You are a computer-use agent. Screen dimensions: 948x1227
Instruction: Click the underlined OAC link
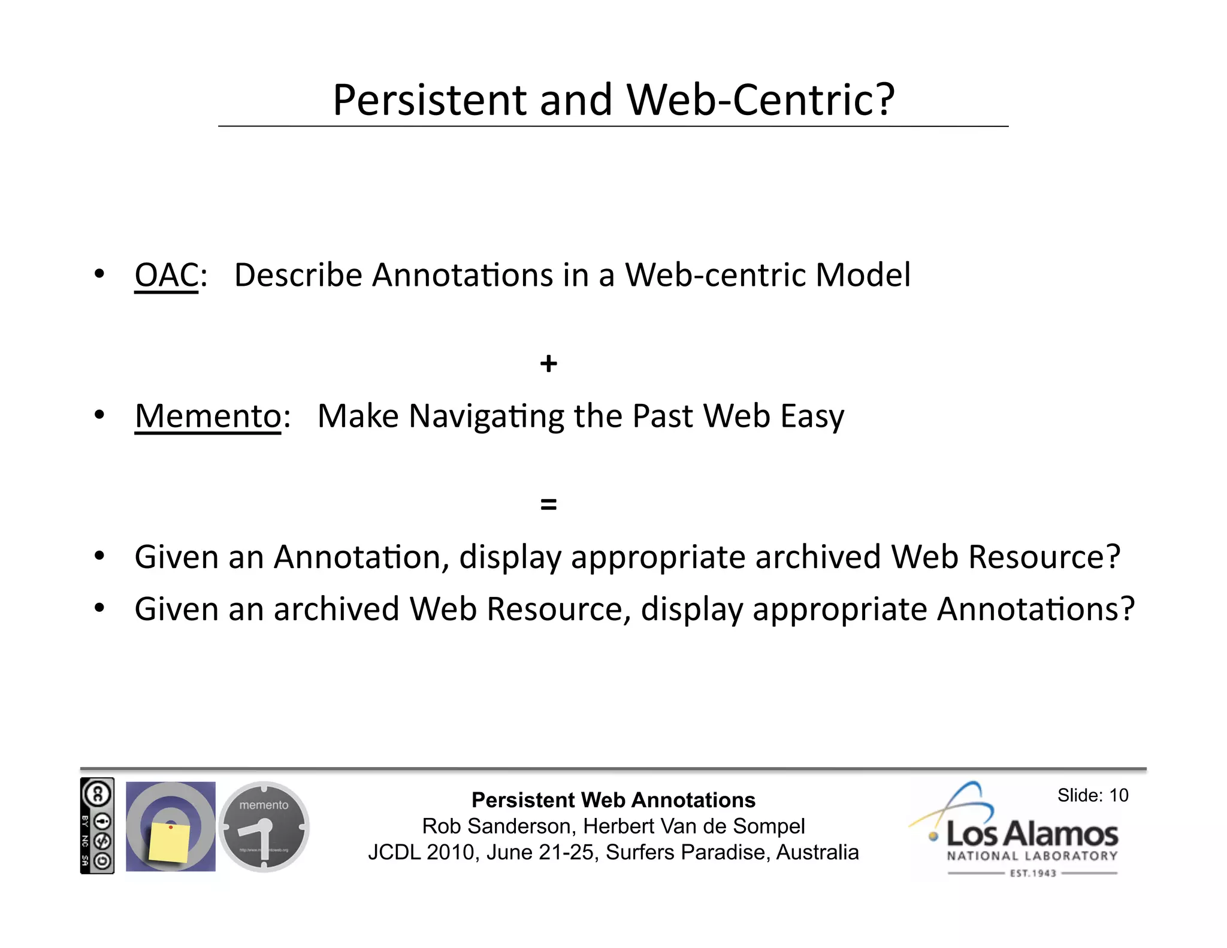click(x=166, y=276)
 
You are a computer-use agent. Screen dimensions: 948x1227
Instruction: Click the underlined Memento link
click(x=208, y=416)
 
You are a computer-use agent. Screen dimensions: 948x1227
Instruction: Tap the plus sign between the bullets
click(x=548, y=364)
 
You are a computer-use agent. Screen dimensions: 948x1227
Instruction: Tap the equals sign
click(x=548, y=504)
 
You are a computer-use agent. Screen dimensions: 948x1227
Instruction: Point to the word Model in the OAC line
click(x=863, y=276)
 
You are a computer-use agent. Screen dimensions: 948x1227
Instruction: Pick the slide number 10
click(x=1118, y=795)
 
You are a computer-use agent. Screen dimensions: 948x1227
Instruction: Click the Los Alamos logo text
click(x=1032, y=834)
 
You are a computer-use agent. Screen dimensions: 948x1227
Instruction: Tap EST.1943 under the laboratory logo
click(x=1032, y=873)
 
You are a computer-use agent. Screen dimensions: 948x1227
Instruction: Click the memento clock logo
click(x=264, y=826)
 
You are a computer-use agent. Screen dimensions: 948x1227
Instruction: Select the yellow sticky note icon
click(x=170, y=841)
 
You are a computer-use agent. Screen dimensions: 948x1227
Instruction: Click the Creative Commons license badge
click(x=97, y=826)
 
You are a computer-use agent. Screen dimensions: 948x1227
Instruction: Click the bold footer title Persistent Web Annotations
click(x=613, y=800)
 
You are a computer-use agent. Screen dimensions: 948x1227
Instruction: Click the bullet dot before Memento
click(x=99, y=415)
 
